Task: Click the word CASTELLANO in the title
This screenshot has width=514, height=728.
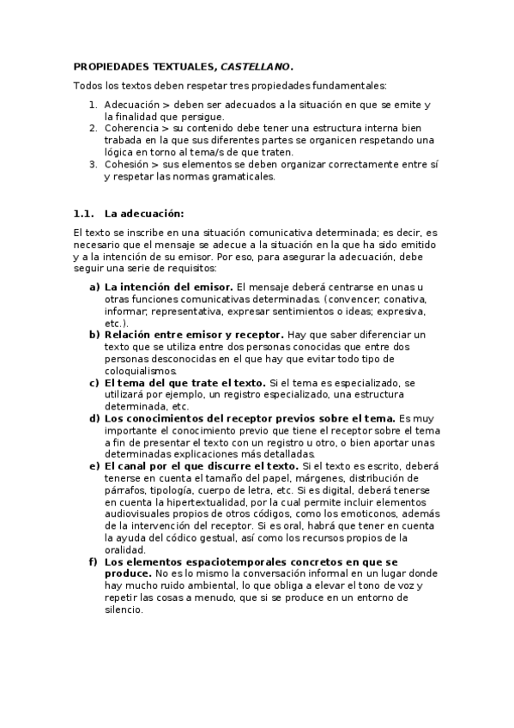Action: (x=257, y=65)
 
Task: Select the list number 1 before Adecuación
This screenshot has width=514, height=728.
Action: (x=93, y=104)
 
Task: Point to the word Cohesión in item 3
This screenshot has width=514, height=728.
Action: (x=127, y=164)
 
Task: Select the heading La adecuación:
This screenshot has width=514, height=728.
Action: (x=144, y=213)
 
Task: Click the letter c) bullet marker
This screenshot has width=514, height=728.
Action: (x=94, y=382)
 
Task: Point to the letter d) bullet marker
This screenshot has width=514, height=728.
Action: (x=94, y=418)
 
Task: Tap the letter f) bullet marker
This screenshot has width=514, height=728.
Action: (x=94, y=562)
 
